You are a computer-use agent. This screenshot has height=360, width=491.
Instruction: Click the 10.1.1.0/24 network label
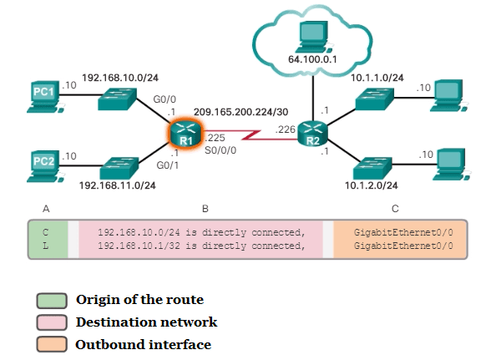pos(377,78)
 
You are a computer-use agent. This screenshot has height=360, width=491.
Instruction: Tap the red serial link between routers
pos(250,135)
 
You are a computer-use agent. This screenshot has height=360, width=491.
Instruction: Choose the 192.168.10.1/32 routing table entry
pos(200,246)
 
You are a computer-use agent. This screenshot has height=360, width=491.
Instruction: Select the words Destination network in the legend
pos(146,322)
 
